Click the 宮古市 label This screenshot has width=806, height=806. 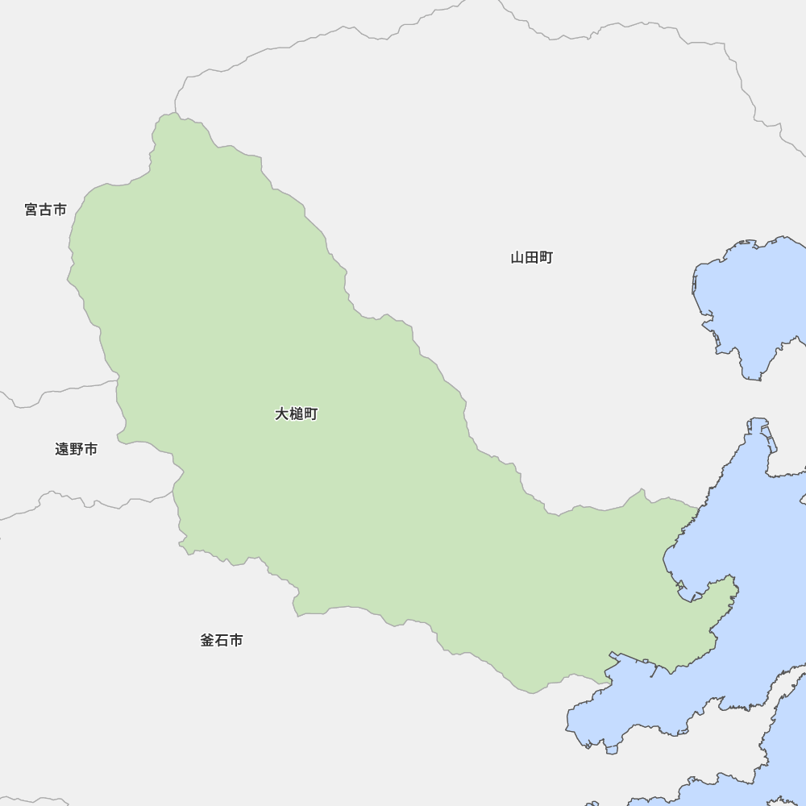(45, 210)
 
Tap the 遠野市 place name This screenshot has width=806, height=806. (76, 449)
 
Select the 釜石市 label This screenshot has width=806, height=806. (222, 640)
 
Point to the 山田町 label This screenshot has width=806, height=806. (531, 258)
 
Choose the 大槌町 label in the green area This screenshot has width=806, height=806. (296, 413)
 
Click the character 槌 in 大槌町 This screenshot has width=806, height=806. (297, 413)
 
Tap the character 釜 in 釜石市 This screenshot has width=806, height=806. (207, 640)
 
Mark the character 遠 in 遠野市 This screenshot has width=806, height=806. (62, 449)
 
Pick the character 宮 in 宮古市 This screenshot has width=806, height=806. (31, 210)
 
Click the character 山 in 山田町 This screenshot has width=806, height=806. (517, 258)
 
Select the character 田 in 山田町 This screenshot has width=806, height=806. (532, 258)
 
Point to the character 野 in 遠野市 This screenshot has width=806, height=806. (77, 449)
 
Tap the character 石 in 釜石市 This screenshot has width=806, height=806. (222, 640)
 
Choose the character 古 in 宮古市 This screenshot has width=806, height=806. (46, 210)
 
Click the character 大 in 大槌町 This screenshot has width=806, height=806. (282, 413)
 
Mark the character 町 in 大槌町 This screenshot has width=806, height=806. (311, 413)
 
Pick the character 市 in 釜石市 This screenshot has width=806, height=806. (236, 640)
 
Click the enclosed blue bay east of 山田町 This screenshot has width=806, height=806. (750, 306)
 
